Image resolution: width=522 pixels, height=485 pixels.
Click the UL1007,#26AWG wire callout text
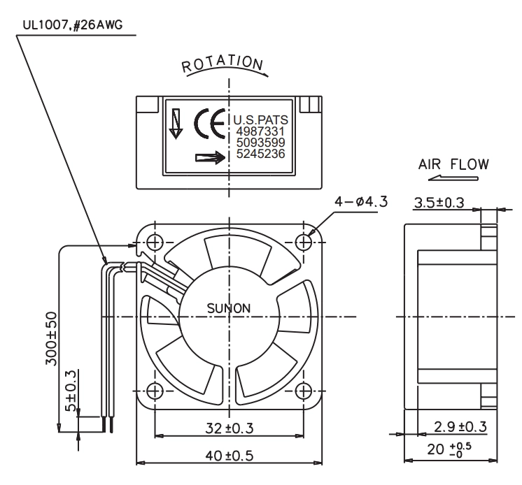[73, 25]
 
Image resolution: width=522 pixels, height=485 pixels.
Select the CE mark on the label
[209, 123]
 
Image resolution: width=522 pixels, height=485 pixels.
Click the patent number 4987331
[260, 131]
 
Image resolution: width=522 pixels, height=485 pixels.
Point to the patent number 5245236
[260, 154]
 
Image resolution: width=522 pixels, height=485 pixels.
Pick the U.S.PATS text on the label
[260, 120]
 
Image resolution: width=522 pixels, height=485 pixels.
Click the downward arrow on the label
[176, 123]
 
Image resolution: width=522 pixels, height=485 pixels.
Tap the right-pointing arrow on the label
[211, 157]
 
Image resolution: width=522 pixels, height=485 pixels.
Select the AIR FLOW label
[453, 164]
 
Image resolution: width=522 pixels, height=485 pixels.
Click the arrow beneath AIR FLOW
[453, 178]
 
